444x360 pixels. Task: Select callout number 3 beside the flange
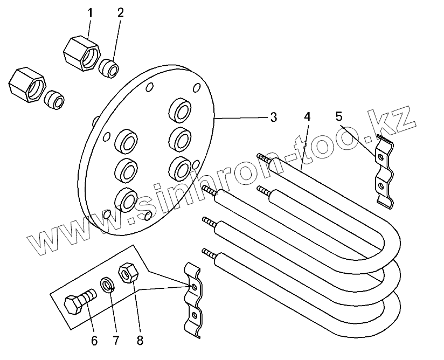(x=273, y=117)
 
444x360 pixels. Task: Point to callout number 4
(x=307, y=116)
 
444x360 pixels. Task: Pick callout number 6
(x=94, y=341)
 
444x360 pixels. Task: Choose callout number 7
(x=115, y=341)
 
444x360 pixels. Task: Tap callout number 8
(x=140, y=341)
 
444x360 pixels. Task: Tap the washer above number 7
(x=107, y=284)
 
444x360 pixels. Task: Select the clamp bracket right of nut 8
(x=192, y=299)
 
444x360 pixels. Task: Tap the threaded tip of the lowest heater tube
(x=208, y=252)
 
